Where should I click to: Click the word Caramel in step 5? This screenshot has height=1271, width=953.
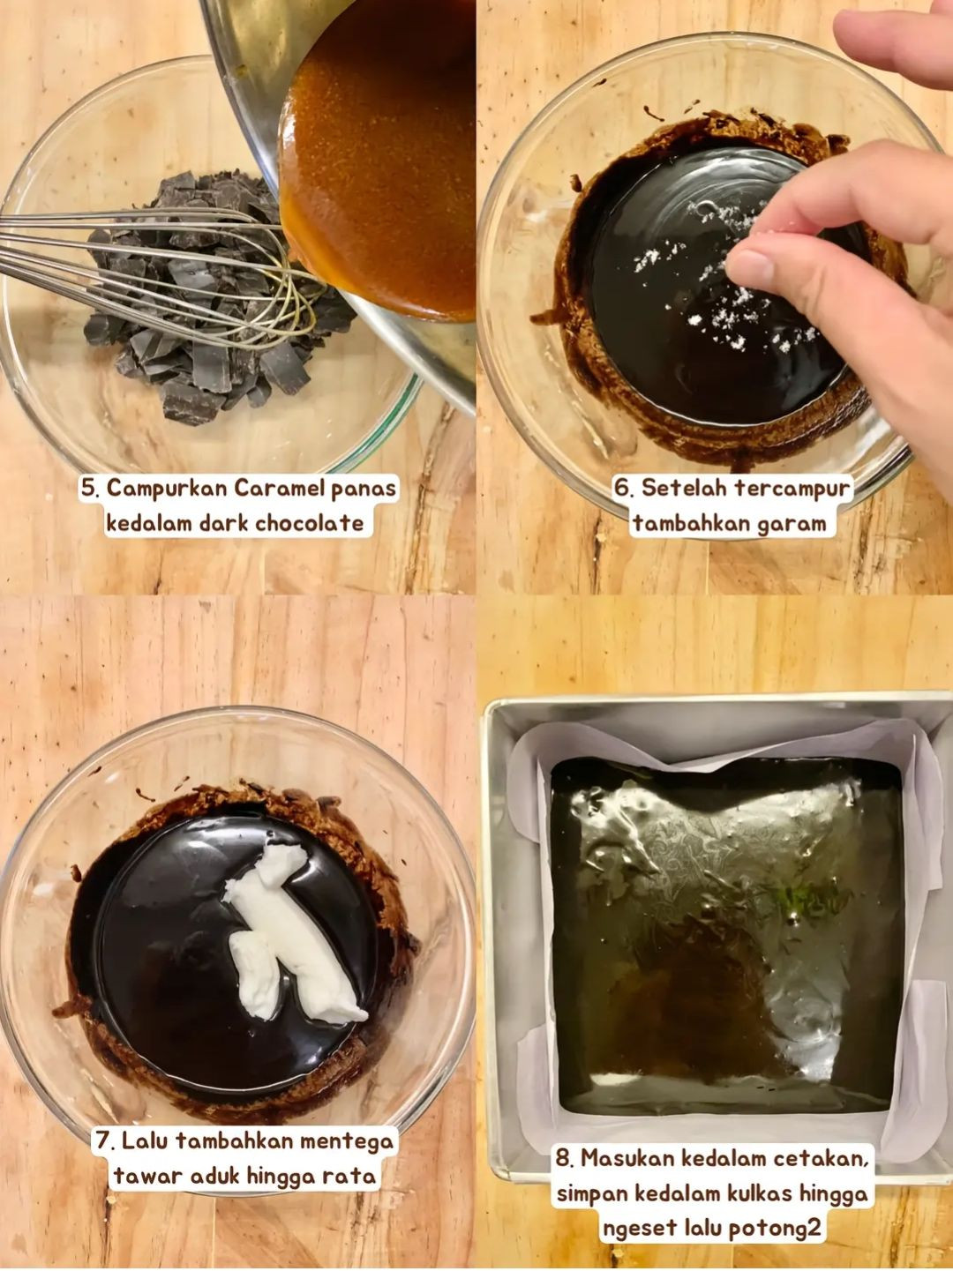click(x=280, y=489)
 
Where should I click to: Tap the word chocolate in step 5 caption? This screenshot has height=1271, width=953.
click(x=309, y=524)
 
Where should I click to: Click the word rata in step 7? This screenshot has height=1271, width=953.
click(x=351, y=1177)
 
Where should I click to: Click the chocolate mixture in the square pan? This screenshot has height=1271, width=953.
click(x=724, y=935)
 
